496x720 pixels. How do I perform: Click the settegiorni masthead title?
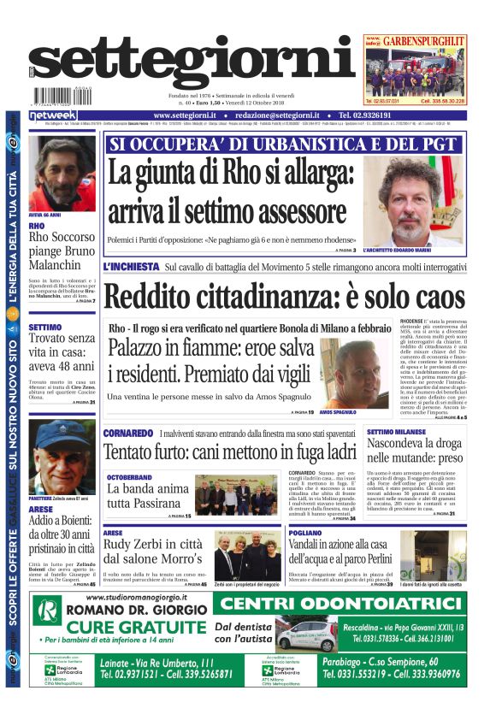[192, 63]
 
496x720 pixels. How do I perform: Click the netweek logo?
[53, 115]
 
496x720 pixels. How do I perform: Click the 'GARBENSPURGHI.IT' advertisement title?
[425, 41]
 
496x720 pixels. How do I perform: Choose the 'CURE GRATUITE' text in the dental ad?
[113, 629]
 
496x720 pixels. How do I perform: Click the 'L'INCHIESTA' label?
[131, 268]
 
